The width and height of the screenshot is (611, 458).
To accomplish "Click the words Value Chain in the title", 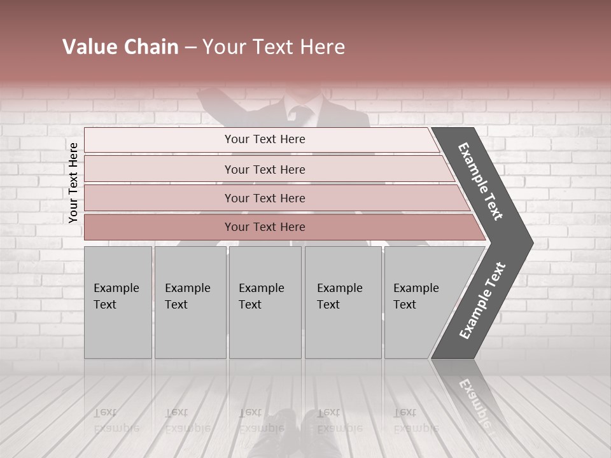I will pyautogui.click(x=120, y=47).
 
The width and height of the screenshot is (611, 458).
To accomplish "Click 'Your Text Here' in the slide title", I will pyautogui.click(x=274, y=47).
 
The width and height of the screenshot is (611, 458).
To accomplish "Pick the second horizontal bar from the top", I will pyautogui.click(x=264, y=169).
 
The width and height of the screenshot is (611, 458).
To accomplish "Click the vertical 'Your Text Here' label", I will pyautogui.click(x=73, y=183).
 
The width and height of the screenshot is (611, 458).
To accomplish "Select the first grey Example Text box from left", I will pyautogui.click(x=118, y=302).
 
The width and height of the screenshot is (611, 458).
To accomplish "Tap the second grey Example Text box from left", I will pyautogui.click(x=190, y=302).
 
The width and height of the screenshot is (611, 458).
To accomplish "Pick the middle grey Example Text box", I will pyautogui.click(x=265, y=302).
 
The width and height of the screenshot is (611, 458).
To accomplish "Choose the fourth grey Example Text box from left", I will pyautogui.click(x=343, y=302).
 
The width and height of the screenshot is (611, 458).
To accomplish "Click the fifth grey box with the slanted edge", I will pyautogui.click(x=420, y=302).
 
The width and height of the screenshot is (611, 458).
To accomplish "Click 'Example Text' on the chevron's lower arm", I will pyautogui.click(x=482, y=301).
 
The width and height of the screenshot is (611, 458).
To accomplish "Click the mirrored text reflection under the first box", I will pyautogui.click(x=116, y=420).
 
